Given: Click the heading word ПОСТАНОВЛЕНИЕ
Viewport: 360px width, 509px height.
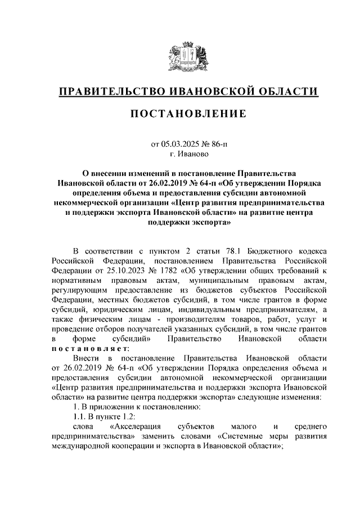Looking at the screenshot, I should (188, 114).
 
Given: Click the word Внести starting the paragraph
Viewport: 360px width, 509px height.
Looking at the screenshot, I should (88, 358).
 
